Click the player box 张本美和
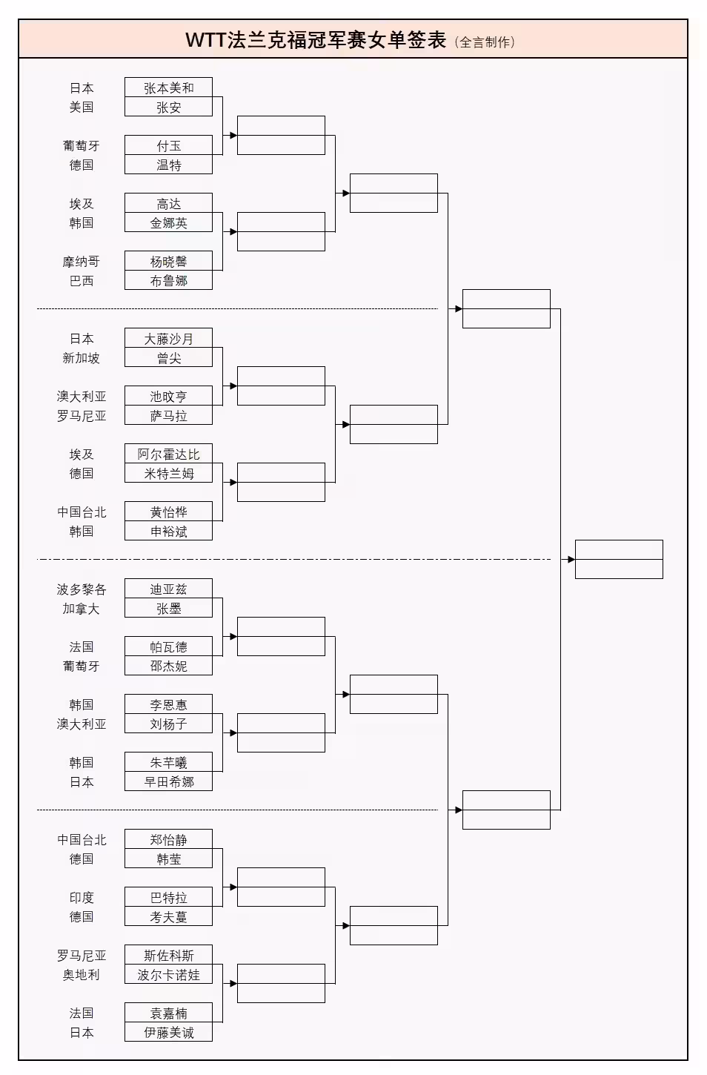pyautogui.click(x=168, y=87)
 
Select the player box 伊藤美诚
pyautogui.click(x=168, y=1032)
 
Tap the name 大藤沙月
pyautogui.click(x=168, y=338)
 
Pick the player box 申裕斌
pyautogui.click(x=168, y=531)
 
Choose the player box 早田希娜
pyautogui.click(x=168, y=781)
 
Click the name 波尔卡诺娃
pyautogui.click(x=168, y=974)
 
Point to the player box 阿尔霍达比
pyautogui.click(x=168, y=454)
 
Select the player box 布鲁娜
pyautogui.click(x=168, y=280)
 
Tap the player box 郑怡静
pyautogui.click(x=168, y=839)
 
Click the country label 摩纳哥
pyautogui.click(x=81, y=262)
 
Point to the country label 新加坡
pyautogui.click(x=81, y=358)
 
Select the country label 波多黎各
pyautogui.click(x=81, y=589)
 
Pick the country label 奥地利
pyautogui.click(x=81, y=975)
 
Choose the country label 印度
pyautogui.click(x=81, y=898)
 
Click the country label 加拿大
pyautogui.click(x=81, y=609)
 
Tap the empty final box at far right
pyautogui.click(x=618, y=559)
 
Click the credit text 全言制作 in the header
pyautogui.click(x=485, y=42)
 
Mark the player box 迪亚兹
pyautogui.click(x=168, y=589)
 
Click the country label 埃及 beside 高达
pyautogui.click(x=81, y=204)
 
